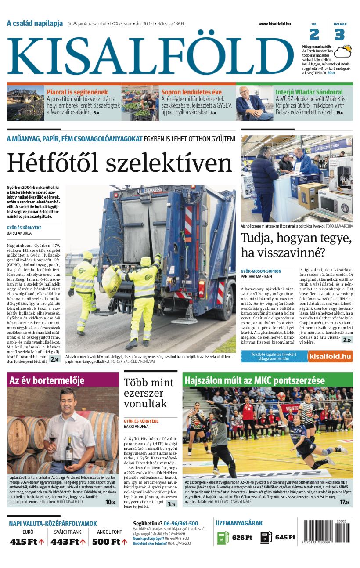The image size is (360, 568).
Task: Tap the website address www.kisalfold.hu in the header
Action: click(274, 24)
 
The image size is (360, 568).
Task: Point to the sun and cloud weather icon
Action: click(342, 52)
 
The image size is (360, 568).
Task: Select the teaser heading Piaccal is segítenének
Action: click(77, 92)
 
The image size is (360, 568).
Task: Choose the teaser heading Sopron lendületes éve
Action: click(191, 92)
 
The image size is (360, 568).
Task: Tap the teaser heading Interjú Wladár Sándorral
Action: click(309, 92)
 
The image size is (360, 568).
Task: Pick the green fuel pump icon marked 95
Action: click(223, 538)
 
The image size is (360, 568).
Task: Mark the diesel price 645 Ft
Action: click(285, 538)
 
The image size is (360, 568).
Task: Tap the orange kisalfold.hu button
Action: click(330, 356)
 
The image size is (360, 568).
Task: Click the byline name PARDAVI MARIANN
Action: click(256, 277)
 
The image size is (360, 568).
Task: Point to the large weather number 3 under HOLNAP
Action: click(339, 34)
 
